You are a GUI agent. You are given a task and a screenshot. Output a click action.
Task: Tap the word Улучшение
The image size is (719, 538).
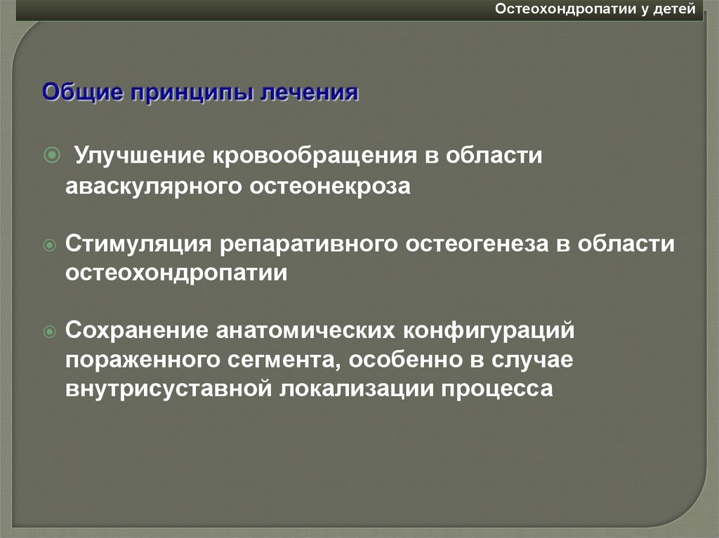pos(134,154)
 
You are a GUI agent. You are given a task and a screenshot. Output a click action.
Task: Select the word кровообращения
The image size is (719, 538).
pos(310,155)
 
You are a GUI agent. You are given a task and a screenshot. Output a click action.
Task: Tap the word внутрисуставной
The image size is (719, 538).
pos(170,389)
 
